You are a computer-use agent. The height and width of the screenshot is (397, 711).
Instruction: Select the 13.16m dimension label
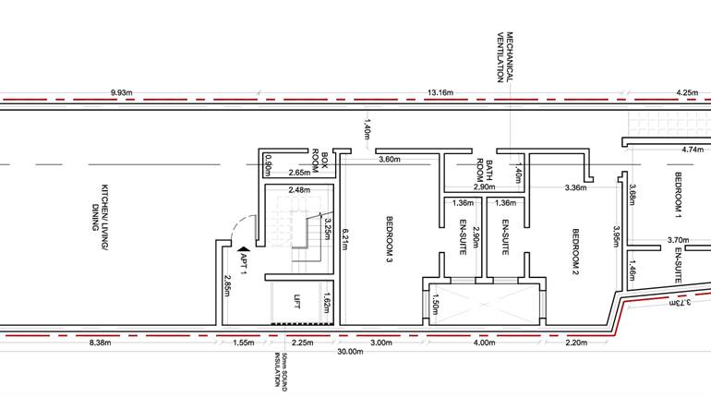tap(441, 92)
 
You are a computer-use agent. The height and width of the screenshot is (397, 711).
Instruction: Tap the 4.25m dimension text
tap(687, 92)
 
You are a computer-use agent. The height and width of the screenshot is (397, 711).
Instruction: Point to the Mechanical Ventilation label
tap(504, 56)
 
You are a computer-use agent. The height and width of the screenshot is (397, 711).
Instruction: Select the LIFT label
tap(297, 301)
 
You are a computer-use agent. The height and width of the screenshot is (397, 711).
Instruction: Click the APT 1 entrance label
tap(244, 264)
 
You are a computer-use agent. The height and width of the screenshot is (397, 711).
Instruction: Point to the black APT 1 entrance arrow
tap(243, 248)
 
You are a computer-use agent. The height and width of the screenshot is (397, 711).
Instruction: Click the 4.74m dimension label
tap(692, 148)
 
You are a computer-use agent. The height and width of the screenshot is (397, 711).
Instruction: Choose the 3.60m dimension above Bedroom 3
tap(389, 159)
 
